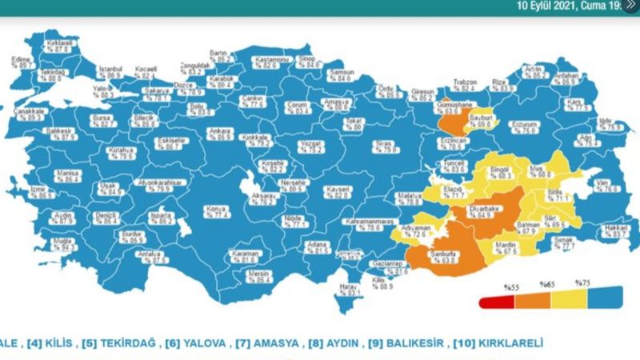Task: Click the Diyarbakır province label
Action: (482, 210)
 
